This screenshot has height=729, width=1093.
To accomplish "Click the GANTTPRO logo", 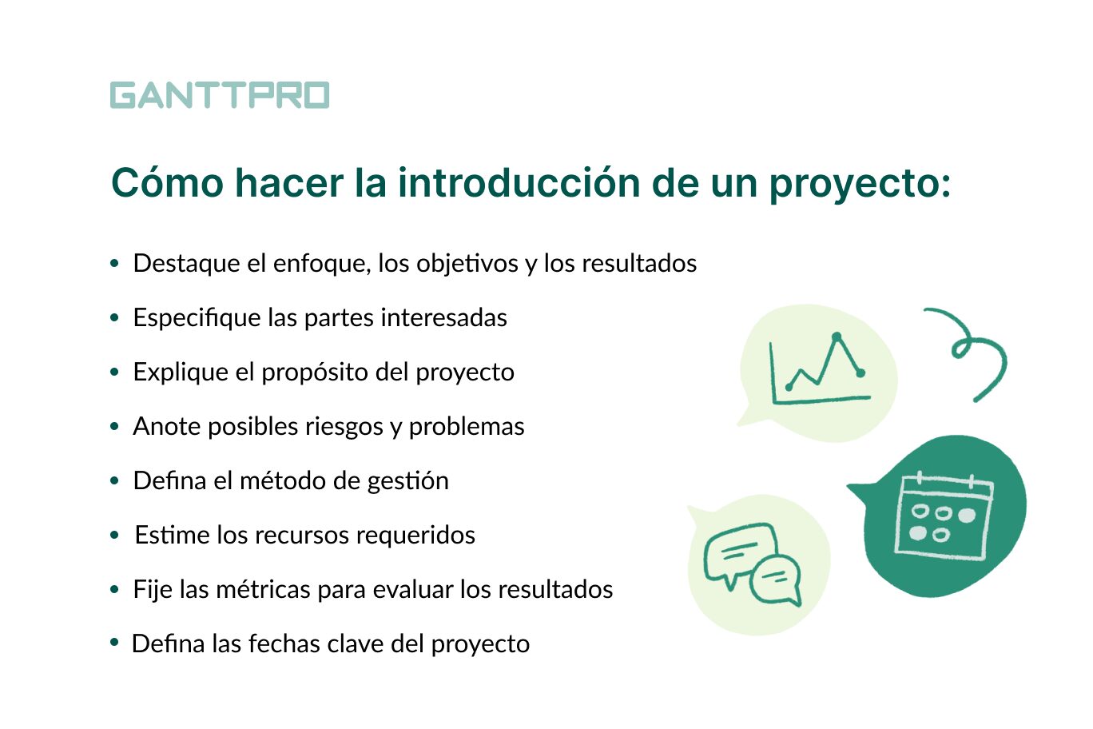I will pos(220,95).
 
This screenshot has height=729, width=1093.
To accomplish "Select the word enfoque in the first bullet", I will pos(321,263).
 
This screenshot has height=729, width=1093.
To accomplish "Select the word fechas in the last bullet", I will pos(282,643).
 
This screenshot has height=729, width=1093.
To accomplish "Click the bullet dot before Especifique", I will pos(115,318).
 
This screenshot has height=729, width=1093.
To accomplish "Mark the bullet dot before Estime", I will pos(115,536).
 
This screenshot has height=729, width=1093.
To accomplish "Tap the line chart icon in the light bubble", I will pos(818,370).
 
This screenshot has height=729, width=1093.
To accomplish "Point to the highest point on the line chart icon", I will pos(837,337).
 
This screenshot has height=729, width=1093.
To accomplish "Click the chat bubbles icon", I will pos(752,564).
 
